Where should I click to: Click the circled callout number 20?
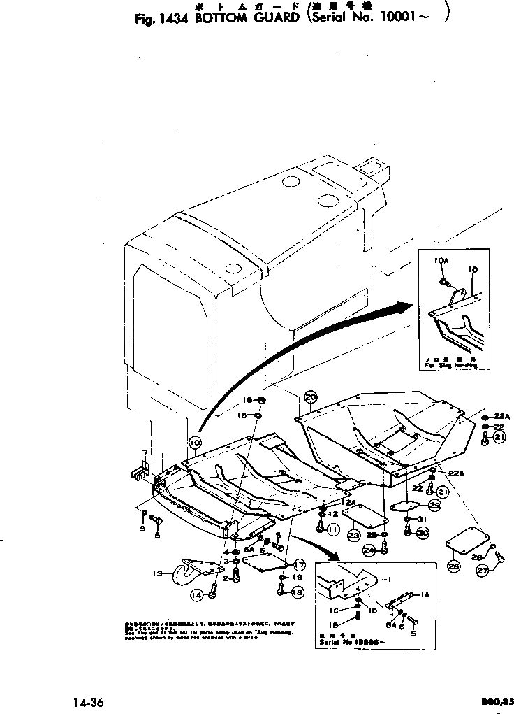(x=311, y=397)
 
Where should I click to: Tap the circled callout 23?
(x=354, y=536)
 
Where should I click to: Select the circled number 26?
(x=453, y=566)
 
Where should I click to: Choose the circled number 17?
(x=299, y=564)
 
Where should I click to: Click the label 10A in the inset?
(x=441, y=260)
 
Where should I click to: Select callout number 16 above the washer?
(x=247, y=399)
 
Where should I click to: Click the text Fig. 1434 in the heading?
(x=160, y=19)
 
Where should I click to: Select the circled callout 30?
(x=423, y=532)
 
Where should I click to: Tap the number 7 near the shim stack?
(x=144, y=452)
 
